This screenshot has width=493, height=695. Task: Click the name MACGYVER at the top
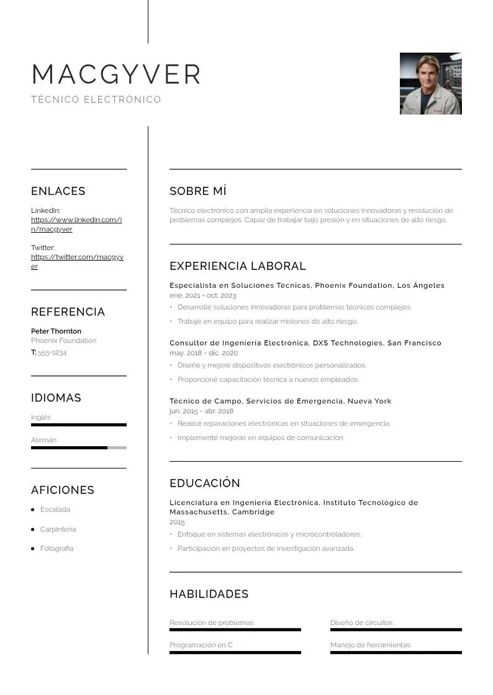(116, 74)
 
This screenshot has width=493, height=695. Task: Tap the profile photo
(430, 84)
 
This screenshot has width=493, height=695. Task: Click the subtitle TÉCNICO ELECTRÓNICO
(96, 99)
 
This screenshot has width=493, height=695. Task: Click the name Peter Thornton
(56, 331)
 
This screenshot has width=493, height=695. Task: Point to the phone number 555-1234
(52, 352)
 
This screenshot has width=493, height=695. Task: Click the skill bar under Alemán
(78, 447)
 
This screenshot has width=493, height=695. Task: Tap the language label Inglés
(41, 417)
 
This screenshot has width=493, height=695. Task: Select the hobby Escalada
(55, 509)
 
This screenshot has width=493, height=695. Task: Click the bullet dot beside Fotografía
(33, 549)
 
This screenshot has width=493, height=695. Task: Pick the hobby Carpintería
(58, 529)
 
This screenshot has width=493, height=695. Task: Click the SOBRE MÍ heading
(197, 191)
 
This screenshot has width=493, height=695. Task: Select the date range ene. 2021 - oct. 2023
(202, 295)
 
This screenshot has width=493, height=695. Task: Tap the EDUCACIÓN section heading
(204, 483)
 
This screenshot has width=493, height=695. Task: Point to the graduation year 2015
(177, 522)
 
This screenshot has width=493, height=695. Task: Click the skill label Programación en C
(201, 645)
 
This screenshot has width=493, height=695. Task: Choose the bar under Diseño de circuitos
(396, 630)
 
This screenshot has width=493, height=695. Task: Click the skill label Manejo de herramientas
(370, 645)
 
